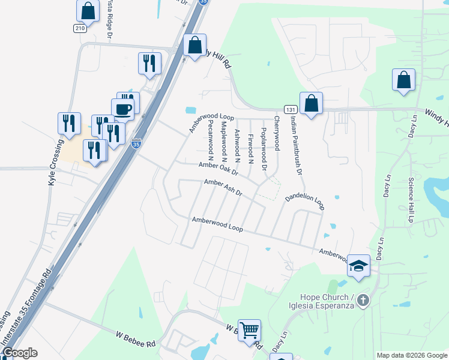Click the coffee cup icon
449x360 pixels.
click(x=122, y=109)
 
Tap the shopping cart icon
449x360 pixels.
click(x=249, y=330)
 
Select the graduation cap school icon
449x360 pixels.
click(x=358, y=265)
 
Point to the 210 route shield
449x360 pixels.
click(x=81, y=28)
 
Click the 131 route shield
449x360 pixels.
click(x=291, y=109)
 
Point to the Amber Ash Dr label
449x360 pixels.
click(x=223, y=188)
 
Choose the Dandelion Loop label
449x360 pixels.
click(x=304, y=200)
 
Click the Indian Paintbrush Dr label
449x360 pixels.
click(x=295, y=145)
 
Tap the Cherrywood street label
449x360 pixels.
click(x=277, y=133)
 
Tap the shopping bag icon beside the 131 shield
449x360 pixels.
click(x=311, y=103)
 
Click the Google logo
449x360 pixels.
click(x=19, y=353)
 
